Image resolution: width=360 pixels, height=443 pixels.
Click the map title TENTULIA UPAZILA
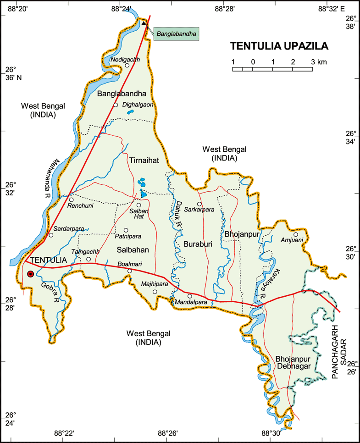coord(280,46)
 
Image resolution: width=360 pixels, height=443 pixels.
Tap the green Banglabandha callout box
coord(176,34)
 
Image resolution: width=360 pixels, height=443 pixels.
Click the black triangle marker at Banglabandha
coord(144,23)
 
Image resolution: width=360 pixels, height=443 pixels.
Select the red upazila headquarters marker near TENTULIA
coord(30,274)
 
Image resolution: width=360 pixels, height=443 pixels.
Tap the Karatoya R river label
coord(270,284)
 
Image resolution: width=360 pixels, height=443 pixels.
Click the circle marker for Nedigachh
coord(127,65)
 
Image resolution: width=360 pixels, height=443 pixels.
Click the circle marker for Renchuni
coord(71,199)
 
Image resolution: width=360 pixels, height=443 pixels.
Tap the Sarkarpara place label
coord(199,210)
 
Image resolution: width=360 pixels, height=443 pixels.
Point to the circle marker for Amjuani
coord(296,234)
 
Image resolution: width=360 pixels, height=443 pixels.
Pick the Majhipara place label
coord(155,284)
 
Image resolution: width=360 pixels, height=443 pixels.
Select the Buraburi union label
coord(198,244)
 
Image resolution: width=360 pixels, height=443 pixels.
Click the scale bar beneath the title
coord(272,69)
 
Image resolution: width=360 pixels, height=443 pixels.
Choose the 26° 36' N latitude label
coord(13,73)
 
